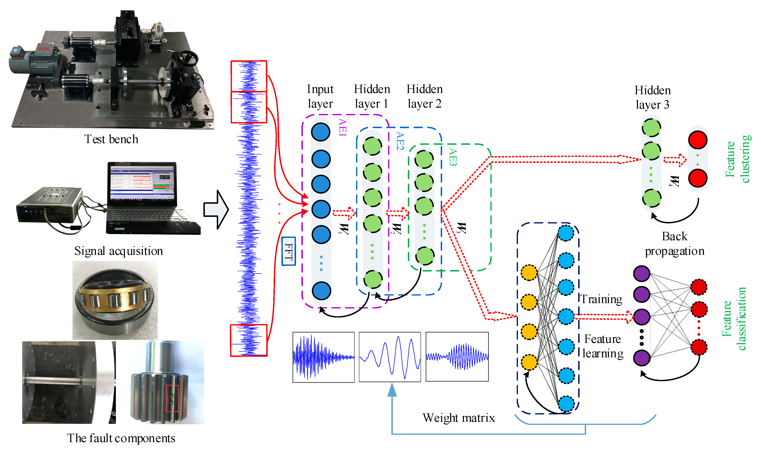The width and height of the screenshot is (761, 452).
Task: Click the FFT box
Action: [x=288, y=251]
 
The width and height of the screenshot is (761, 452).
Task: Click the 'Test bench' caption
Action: [x=111, y=139]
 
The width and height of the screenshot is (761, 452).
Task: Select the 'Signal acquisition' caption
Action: [x=119, y=251]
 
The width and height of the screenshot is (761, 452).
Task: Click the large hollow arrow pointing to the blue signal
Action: [x=216, y=209]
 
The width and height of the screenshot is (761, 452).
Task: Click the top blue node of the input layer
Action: [x=321, y=132]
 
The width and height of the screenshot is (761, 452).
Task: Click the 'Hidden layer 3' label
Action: [x=652, y=98]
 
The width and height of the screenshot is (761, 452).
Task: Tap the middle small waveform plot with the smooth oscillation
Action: [x=390, y=357]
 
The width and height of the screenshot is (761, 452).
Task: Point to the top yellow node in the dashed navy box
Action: [x=529, y=272]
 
